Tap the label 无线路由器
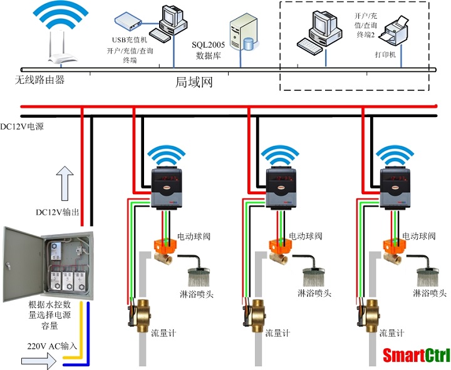40,80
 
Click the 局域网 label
194,81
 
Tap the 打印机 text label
384,54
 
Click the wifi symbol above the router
61,19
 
